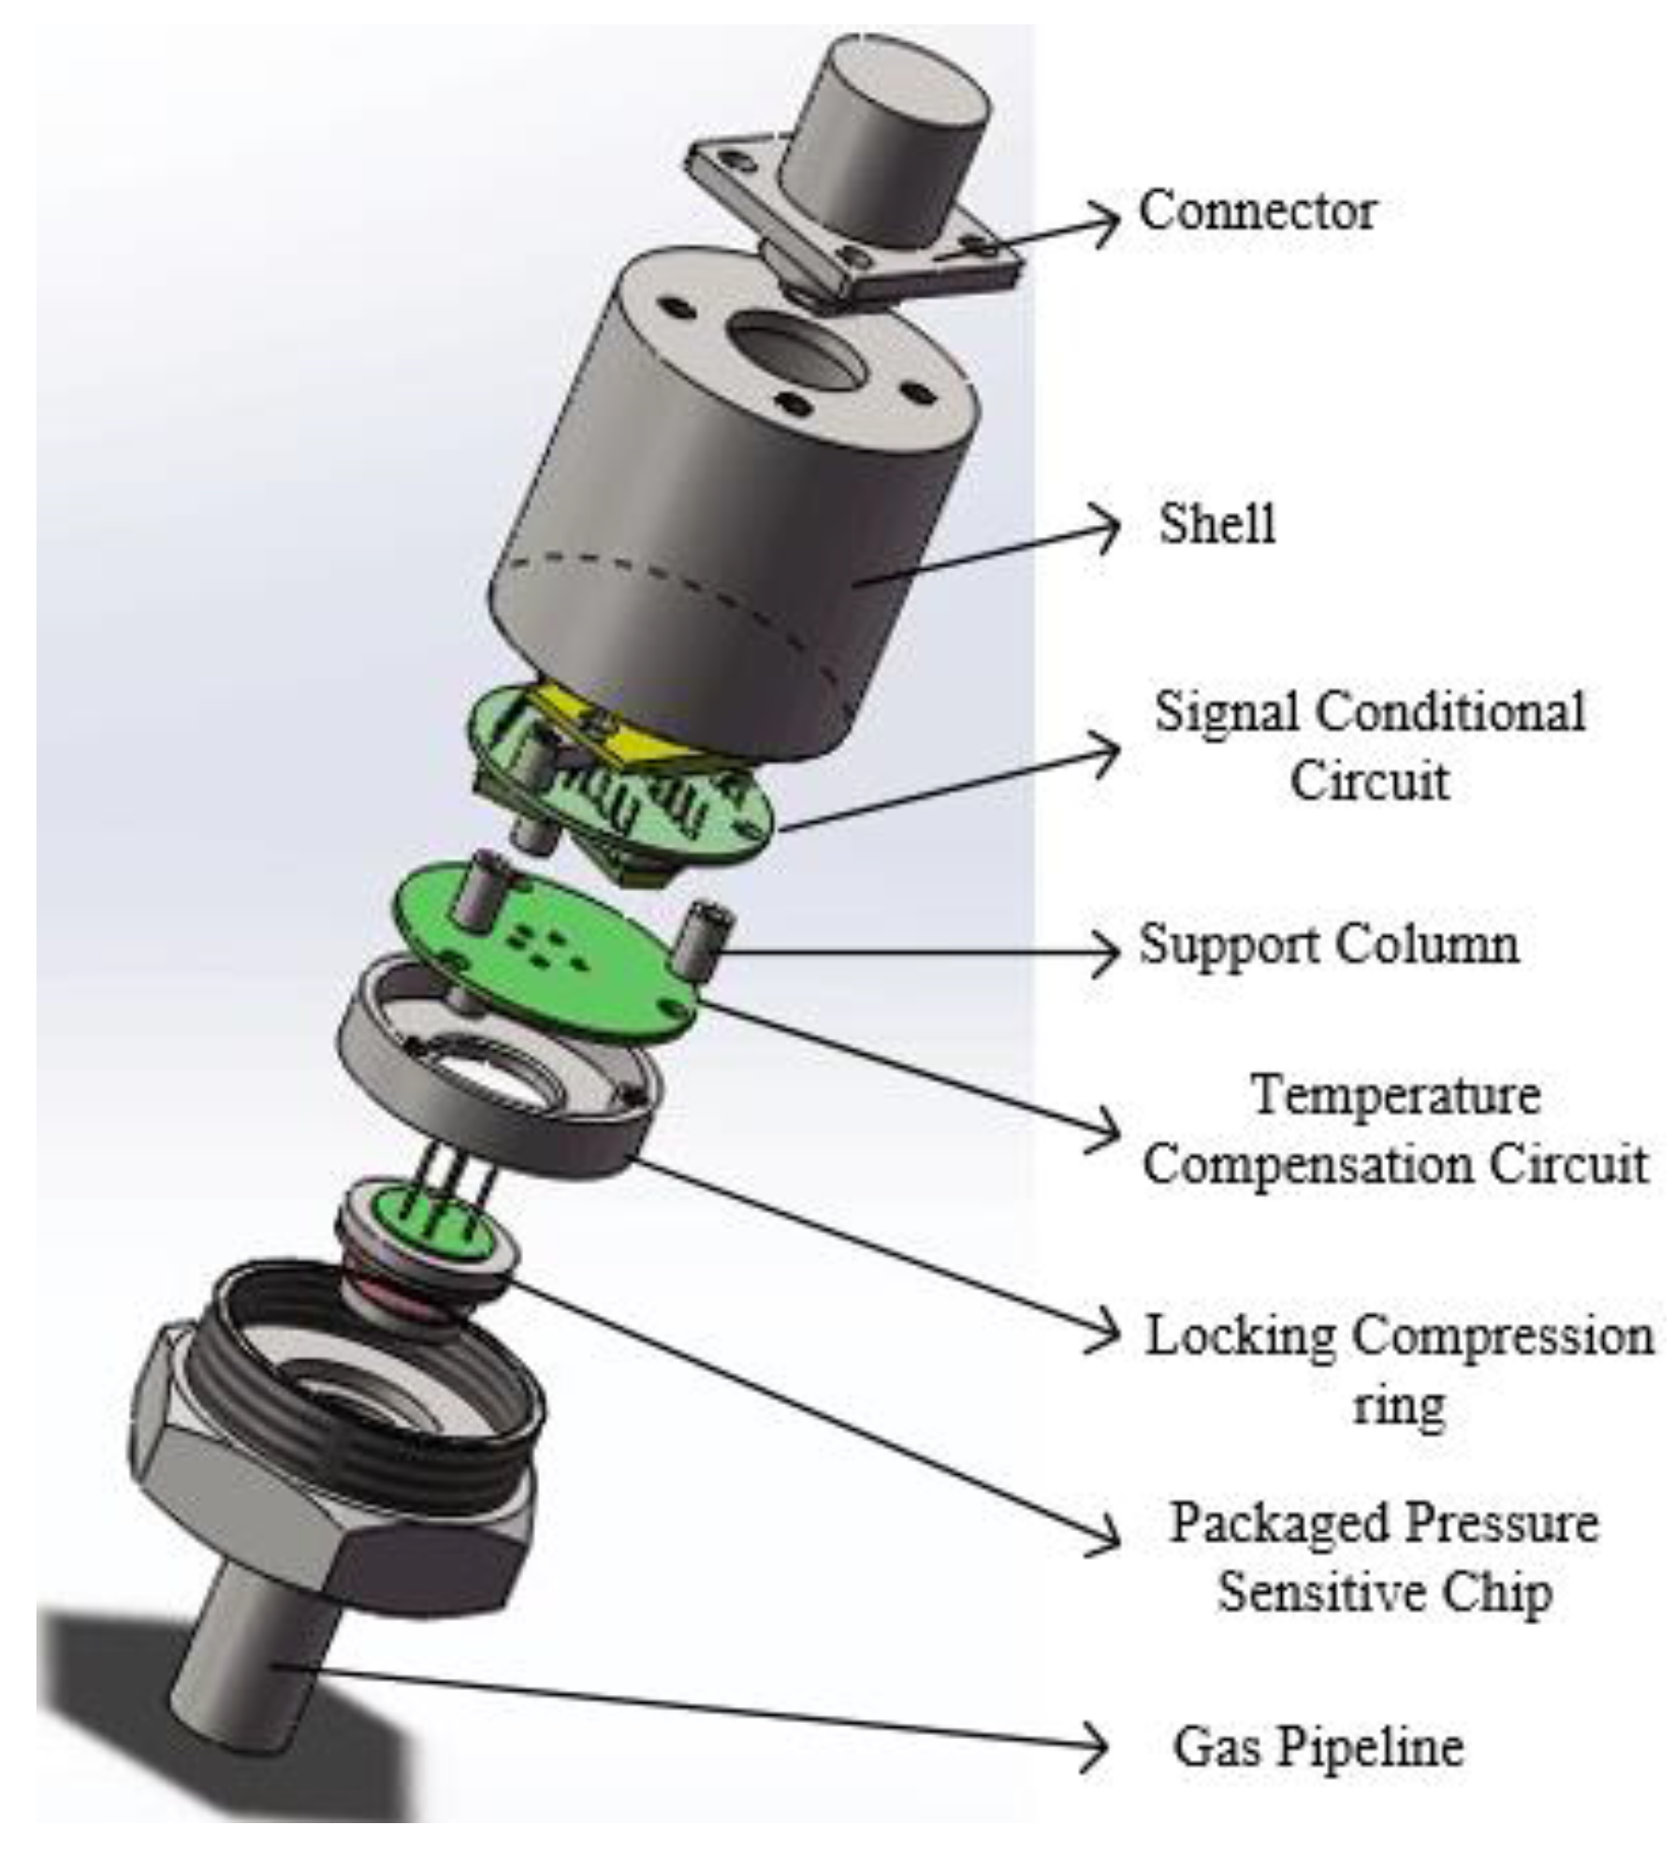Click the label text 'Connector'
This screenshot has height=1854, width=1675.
1256,211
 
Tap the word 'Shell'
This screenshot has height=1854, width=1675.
1216,523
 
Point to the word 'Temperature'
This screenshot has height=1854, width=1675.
1395,1094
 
